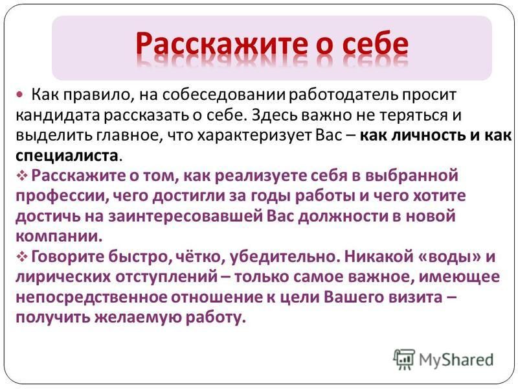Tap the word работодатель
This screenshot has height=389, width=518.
click(x=344, y=95)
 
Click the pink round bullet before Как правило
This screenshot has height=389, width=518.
click(x=20, y=95)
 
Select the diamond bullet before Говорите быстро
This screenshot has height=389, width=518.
click(x=21, y=257)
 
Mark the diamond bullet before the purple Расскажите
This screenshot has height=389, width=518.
click(x=21, y=176)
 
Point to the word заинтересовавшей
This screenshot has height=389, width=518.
click(x=185, y=217)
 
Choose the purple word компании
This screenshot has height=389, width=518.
click(x=59, y=237)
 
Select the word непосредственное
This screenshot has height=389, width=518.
click(x=91, y=298)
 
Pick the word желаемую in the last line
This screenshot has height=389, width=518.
click(x=137, y=318)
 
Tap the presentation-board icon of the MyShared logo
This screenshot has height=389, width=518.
click(x=403, y=360)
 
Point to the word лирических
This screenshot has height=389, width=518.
click(x=63, y=277)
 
